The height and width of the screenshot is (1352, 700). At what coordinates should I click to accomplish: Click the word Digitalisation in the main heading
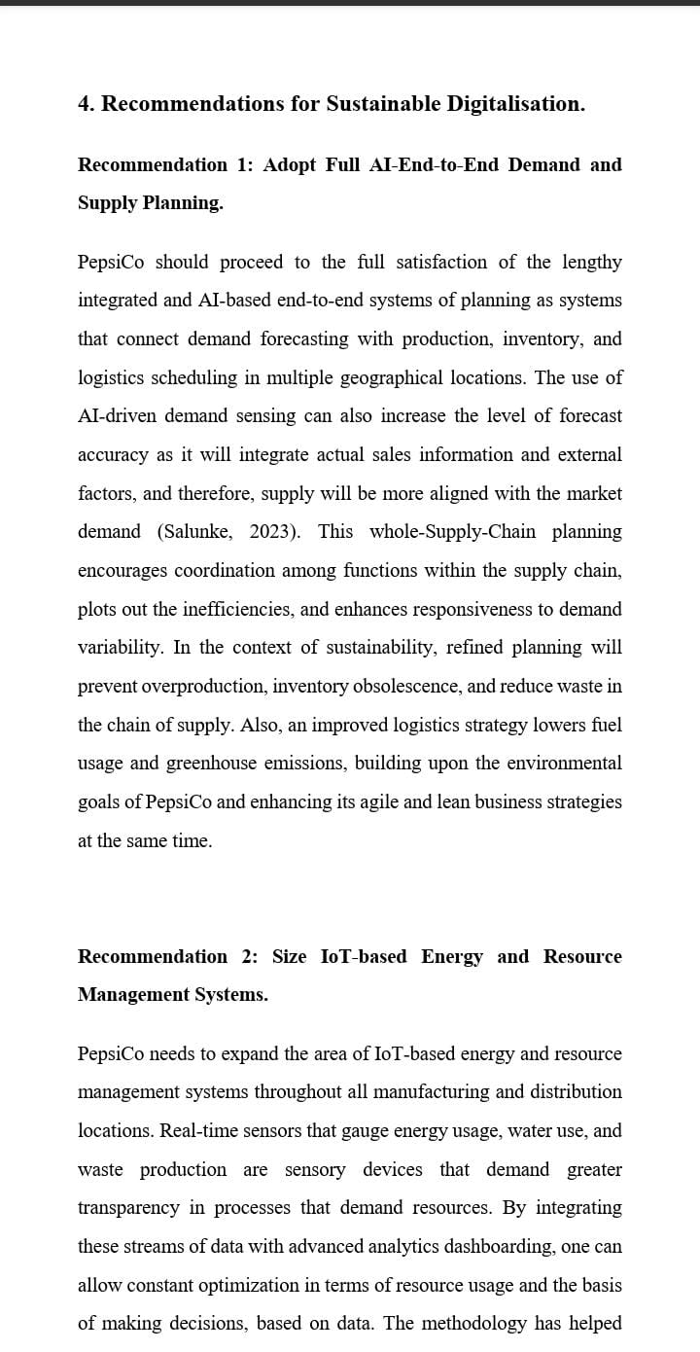click(x=515, y=104)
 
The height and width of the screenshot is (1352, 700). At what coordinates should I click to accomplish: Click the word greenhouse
click(x=210, y=764)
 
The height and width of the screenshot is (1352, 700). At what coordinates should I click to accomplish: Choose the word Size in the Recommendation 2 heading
click(x=289, y=956)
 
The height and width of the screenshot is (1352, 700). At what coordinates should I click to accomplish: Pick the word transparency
click(x=128, y=1208)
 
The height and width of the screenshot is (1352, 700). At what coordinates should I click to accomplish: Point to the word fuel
click(x=605, y=726)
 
